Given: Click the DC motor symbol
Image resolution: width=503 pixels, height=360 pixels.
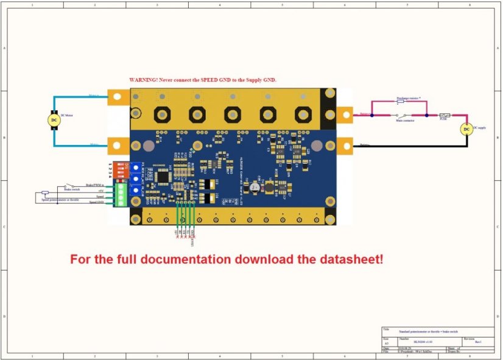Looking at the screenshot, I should pyautogui.click(x=54, y=120).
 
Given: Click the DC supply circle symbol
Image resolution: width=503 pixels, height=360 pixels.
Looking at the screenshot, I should pyautogui.click(x=466, y=129).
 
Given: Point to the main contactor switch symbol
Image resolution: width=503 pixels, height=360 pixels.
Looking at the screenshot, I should pyautogui.click(x=402, y=115).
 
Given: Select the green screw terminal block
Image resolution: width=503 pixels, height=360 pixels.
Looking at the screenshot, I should pyautogui.click(x=121, y=196).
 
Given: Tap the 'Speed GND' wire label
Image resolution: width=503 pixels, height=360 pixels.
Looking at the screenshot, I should pyautogui.click(x=96, y=202).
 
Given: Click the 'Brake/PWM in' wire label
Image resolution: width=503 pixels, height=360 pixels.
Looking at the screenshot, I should pyautogui.click(x=94, y=185).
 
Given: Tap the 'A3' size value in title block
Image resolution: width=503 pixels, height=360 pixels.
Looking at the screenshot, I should pyautogui.click(x=386, y=344).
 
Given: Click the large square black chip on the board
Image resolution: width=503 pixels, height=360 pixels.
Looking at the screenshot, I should pyautogui.click(x=163, y=176).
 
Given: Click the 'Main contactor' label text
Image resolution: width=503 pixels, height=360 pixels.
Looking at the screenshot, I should pyautogui.click(x=405, y=120).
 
